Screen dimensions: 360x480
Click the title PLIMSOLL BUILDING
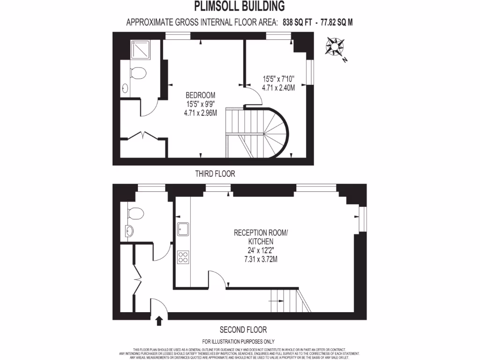(240, 7)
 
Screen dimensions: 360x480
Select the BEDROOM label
(200, 93)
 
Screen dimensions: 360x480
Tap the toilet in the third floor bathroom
(137, 73)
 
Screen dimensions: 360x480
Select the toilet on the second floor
(135, 213)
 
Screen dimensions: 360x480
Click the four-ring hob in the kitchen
(183, 257)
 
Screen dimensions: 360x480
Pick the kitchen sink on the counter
(183, 229)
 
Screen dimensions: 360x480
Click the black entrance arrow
(159, 321)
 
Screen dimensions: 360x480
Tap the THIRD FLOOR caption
(215, 174)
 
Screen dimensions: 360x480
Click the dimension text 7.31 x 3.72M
(261, 259)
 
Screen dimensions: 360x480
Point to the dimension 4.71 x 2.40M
(278, 88)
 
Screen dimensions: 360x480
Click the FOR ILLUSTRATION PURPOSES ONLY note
(238, 342)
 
